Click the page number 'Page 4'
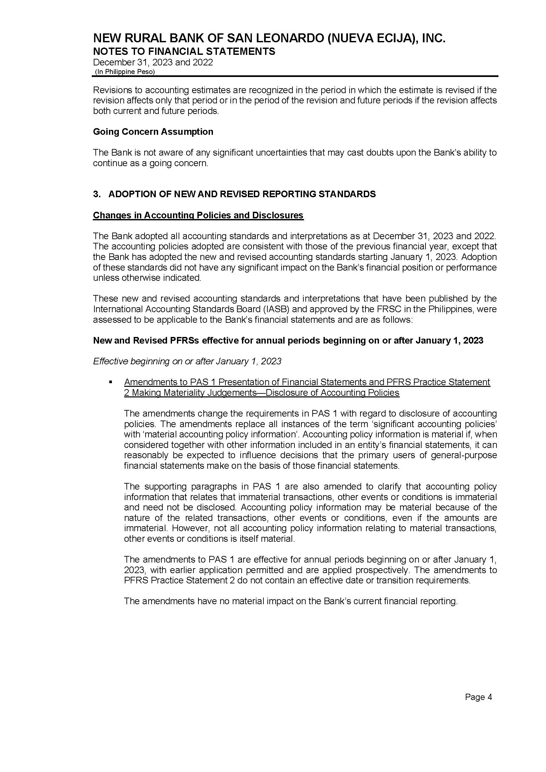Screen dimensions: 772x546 (x=478, y=697)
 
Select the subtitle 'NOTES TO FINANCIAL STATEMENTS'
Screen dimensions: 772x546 (x=184, y=52)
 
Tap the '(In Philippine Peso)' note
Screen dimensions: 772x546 (x=125, y=72)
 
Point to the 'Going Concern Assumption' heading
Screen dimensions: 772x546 (x=153, y=131)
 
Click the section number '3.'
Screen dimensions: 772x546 (x=97, y=194)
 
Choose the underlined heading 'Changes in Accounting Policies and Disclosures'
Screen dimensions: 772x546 (x=198, y=215)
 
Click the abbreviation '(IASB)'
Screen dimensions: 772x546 (x=278, y=309)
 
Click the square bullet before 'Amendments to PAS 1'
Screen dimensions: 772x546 (x=110, y=382)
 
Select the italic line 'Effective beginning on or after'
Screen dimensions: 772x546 (x=187, y=361)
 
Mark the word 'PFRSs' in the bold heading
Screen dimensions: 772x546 (x=185, y=341)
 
